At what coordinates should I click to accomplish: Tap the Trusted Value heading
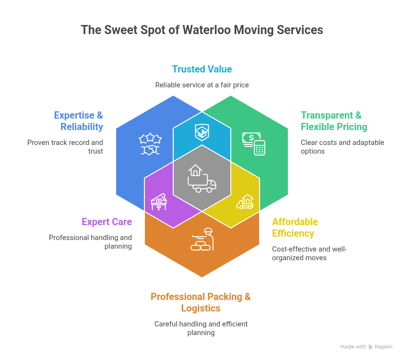(202, 69)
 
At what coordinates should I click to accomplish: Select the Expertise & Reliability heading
(78, 121)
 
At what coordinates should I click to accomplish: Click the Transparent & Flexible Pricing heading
(334, 121)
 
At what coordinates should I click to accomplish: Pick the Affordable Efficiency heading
(295, 228)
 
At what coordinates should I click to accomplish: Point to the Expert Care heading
(107, 222)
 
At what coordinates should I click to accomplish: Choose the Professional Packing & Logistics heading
(201, 302)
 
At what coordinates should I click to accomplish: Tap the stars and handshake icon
(150, 144)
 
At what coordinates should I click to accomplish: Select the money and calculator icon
(254, 144)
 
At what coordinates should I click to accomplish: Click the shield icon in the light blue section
(202, 132)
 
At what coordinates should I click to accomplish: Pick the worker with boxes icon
(202, 239)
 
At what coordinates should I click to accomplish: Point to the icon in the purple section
(159, 201)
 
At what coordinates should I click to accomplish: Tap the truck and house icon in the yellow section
(245, 202)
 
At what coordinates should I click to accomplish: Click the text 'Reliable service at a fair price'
(202, 85)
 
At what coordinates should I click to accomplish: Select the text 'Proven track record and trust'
(65, 147)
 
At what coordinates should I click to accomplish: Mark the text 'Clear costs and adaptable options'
(342, 147)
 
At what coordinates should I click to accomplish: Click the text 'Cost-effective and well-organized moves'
(309, 253)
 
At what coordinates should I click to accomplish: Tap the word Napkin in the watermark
(384, 347)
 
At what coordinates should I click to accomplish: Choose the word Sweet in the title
(115, 30)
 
